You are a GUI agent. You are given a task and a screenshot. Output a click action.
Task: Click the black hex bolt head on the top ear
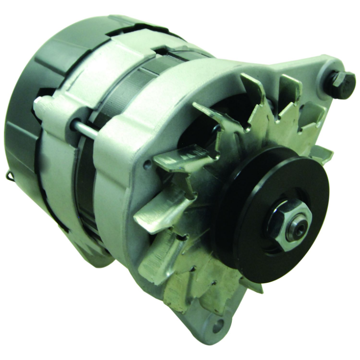click(342, 84)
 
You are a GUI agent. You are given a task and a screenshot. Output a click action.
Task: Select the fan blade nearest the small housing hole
click(176, 159)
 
